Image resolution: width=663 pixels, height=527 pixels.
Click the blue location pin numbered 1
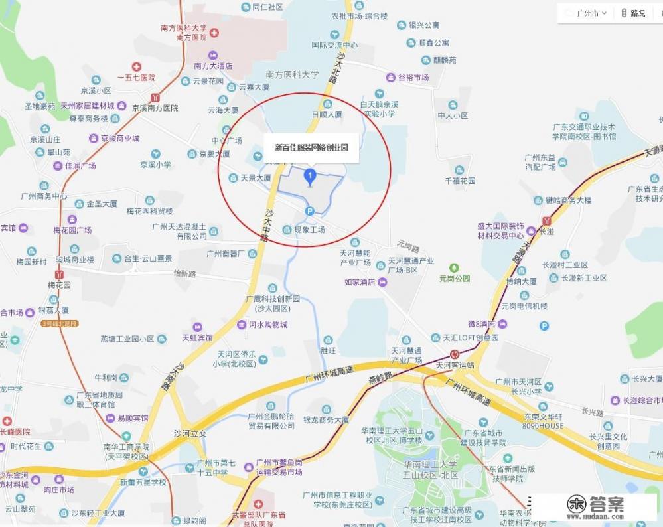click(309, 176)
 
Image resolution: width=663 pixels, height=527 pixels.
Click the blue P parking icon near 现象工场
click(309, 211)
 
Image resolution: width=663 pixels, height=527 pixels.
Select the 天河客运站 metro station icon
click(455, 354)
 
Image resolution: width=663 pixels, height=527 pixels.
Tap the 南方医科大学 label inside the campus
click(292, 74)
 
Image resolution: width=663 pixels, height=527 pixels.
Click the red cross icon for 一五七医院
click(137, 67)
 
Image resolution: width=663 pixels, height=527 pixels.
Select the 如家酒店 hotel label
click(360, 282)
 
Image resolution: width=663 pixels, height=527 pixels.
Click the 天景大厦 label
click(256, 178)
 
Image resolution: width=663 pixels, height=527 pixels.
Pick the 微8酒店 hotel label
click(482, 324)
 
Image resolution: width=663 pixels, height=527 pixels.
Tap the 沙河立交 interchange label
click(190, 433)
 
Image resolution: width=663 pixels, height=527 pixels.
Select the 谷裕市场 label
click(413, 78)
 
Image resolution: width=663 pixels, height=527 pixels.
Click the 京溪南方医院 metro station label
click(155, 108)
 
